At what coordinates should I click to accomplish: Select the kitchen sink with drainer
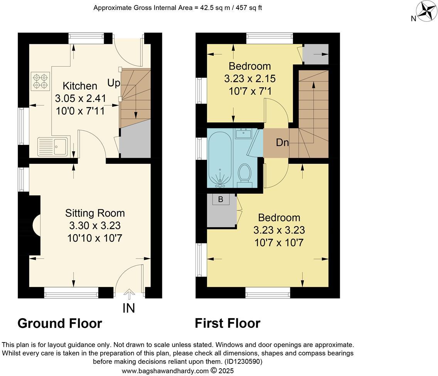tap(52, 147)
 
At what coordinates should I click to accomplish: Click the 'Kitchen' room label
tap(80, 86)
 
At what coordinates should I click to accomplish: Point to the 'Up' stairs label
tap(113, 83)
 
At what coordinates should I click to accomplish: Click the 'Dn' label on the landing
tap(282, 143)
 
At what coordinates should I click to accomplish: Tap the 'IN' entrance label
tap(128, 308)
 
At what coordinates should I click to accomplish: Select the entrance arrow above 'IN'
tap(129, 295)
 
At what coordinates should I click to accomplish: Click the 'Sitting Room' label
tap(95, 213)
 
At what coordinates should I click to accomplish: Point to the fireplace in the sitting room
tap(36, 225)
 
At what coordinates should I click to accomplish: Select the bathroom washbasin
tap(244, 134)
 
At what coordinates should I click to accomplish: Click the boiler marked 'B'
tap(221, 200)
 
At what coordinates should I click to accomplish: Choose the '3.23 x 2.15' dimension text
tap(250, 79)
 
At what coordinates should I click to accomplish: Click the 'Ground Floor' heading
tap(60, 323)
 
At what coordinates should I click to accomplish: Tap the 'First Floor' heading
tap(227, 323)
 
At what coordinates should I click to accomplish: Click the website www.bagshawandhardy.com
tap(165, 371)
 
